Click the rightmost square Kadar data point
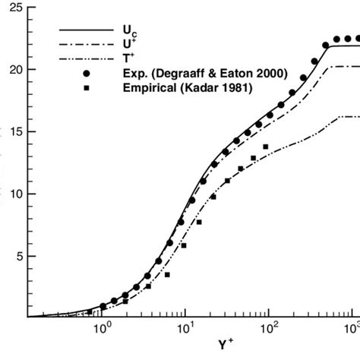pyautogui.click(x=266, y=147)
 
